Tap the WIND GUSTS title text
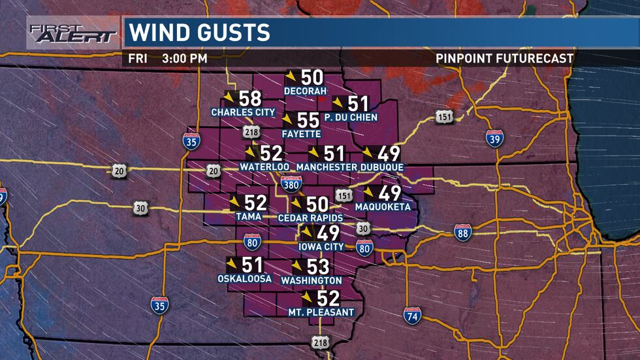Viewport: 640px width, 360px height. [x=199, y=32]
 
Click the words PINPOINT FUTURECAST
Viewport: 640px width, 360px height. [x=504, y=58]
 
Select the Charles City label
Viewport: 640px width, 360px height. [x=243, y=112]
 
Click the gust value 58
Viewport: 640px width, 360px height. [x=251, y=99]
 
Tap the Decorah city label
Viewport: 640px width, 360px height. [x=305, y=91]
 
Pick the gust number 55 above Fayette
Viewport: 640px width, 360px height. [x=308, y=121]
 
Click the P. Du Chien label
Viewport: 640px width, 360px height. [x=351, y=118]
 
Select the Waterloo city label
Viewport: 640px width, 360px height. [x=264, y=167]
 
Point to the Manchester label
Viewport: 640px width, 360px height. [x=327, y=167]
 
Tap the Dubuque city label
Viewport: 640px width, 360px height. [x=381, y=167]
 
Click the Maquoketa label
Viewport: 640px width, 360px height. [x=383, y=207]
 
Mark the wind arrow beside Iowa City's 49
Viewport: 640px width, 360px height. [x=306, y=233]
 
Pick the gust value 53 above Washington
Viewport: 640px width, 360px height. [x=317, y=267]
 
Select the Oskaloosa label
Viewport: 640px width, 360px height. [x=244, y=279]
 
